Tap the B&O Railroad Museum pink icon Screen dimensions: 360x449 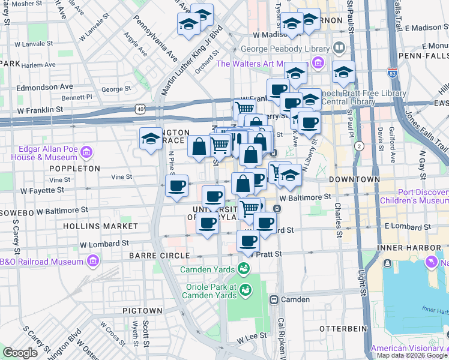pos(92,261)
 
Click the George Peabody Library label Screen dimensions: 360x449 pos(285,49)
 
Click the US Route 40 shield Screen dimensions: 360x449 pos(140,109)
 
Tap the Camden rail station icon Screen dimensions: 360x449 pos(274,299)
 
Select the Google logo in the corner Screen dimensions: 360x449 pos(20,352)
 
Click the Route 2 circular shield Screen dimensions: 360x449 pos(360,146)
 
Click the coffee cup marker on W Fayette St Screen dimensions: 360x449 pos(177,186)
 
